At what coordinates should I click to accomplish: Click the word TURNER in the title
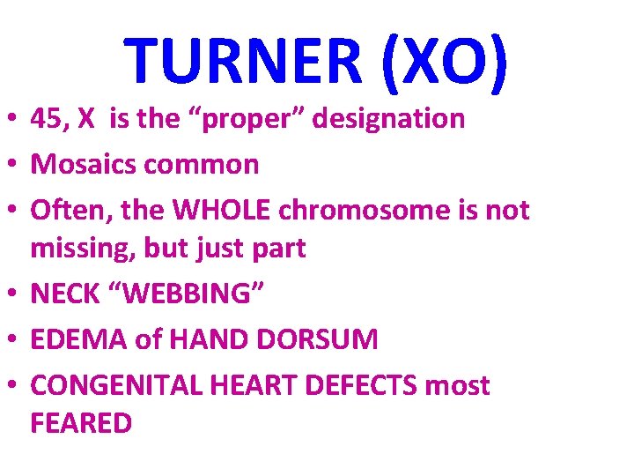pyautogui.click(x=243, y=59)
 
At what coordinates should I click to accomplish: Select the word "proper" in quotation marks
pyautogui.click(x=247, y=119)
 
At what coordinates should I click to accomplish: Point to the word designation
pyautogui.click(x=391, y=119)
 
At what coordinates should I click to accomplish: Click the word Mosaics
pyautogui.click(x=82, y=165)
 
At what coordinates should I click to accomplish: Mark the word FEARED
pyautogui.click(x=81, y=423)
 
